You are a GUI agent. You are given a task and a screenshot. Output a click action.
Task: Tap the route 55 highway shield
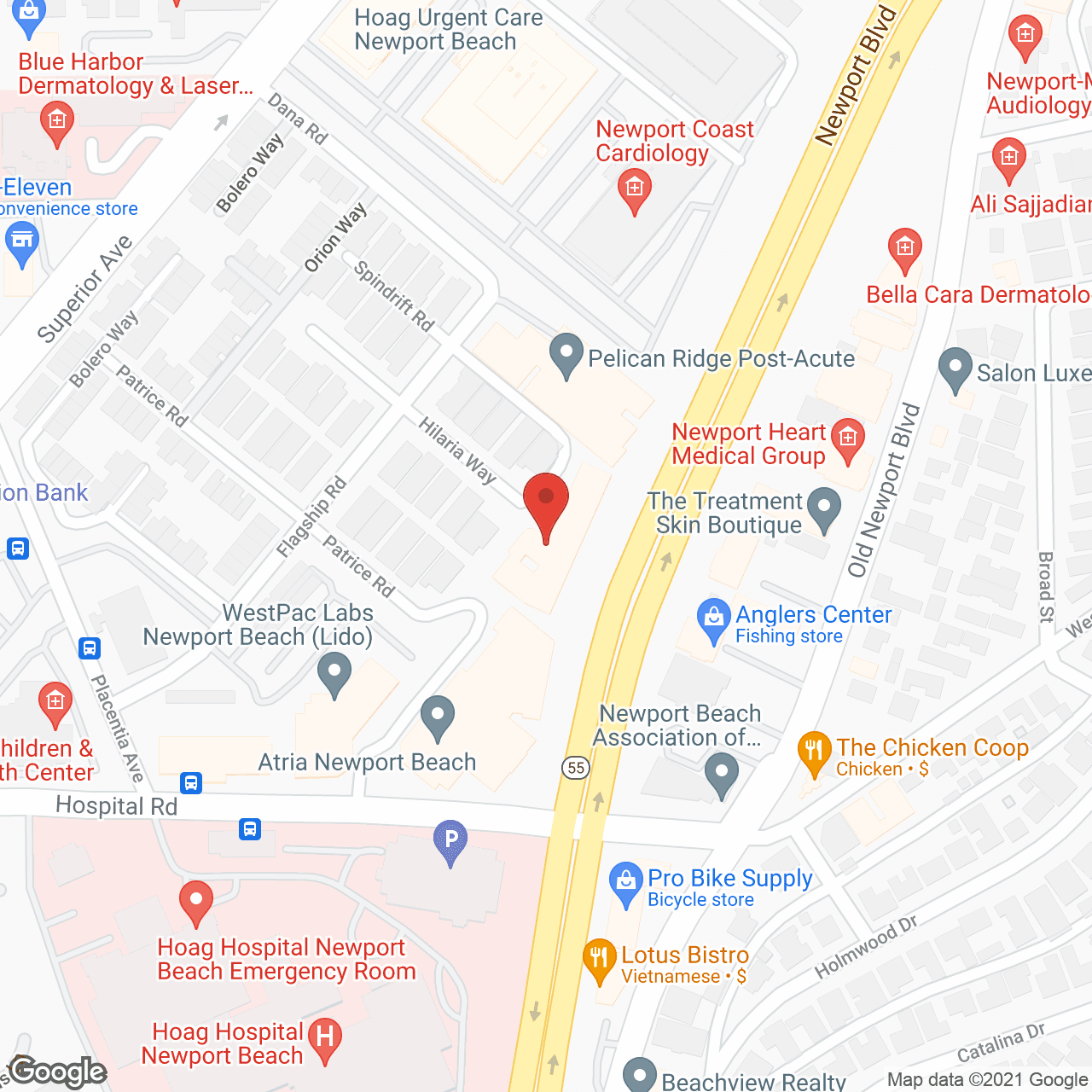coord(577,767)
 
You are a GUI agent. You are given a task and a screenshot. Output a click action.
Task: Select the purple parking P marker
coord(450,839)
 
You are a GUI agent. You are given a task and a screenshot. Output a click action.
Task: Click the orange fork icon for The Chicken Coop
coord(814,752)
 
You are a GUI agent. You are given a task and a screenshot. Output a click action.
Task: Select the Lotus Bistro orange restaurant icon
coord(599,959)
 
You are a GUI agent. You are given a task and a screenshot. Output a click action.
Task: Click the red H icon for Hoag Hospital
coord(324,1038)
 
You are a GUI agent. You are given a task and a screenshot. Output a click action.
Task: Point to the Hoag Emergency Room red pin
coord(196,902)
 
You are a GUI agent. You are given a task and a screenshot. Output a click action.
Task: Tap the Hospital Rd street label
coord(116,806)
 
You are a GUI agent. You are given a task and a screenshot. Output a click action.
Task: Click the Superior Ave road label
coord(85,288)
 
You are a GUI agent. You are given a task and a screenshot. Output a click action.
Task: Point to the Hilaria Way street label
coord(458,450)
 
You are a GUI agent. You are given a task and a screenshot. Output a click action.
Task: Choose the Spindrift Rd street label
coord(394,295)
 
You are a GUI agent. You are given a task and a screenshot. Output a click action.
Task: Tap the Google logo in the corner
coord(58,1072)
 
